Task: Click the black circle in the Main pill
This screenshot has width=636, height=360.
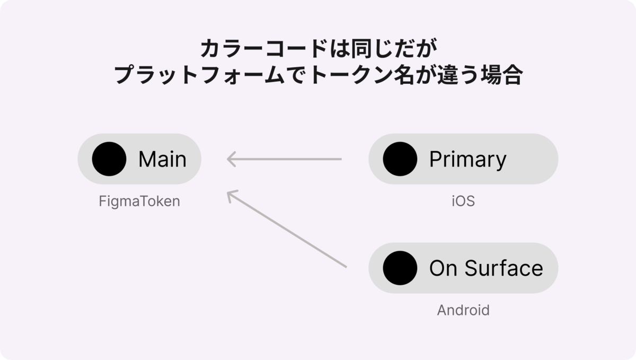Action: point(109,159)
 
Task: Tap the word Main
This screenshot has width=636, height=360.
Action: point(162,159)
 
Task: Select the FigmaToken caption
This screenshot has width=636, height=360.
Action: point(139,201)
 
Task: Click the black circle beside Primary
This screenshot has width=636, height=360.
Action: point(400,159)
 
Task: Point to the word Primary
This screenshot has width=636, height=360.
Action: point(468,160)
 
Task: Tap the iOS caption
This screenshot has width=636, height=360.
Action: point(463,201)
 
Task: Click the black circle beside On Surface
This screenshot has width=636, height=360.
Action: point(400,268)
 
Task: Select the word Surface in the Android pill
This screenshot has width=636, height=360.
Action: point(504,268)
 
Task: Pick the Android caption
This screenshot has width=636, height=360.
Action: point(463,310)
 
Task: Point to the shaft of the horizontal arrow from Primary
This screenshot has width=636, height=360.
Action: point(285,159)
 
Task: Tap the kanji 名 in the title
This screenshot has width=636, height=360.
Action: point(404,75)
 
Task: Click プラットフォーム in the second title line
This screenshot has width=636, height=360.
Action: point(199,75)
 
